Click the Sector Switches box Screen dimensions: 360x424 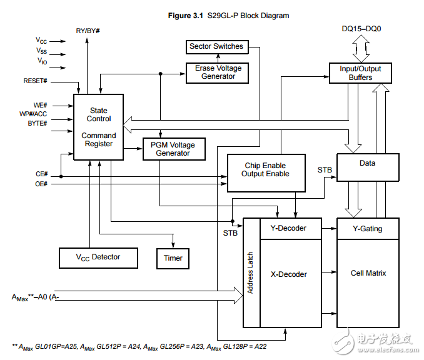[216, 46]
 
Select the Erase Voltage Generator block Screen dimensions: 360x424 [218, 72]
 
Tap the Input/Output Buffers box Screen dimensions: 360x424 [360, 72]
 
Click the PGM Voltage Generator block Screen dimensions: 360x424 [173, 149]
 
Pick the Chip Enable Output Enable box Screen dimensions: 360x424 [266, 170]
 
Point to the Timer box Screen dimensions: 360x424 [173, 257]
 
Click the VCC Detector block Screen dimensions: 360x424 [98, 257]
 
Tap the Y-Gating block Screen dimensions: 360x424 [367, 228]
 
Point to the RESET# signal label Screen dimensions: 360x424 [35, 81]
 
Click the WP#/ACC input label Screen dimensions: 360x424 [33, 114]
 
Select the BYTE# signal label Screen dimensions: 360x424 [37, 124]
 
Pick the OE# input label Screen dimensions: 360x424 [41, 184]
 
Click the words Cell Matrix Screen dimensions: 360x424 [368, 273]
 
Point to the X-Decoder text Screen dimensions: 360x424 [288, 274]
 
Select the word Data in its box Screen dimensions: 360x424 [367, 163]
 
